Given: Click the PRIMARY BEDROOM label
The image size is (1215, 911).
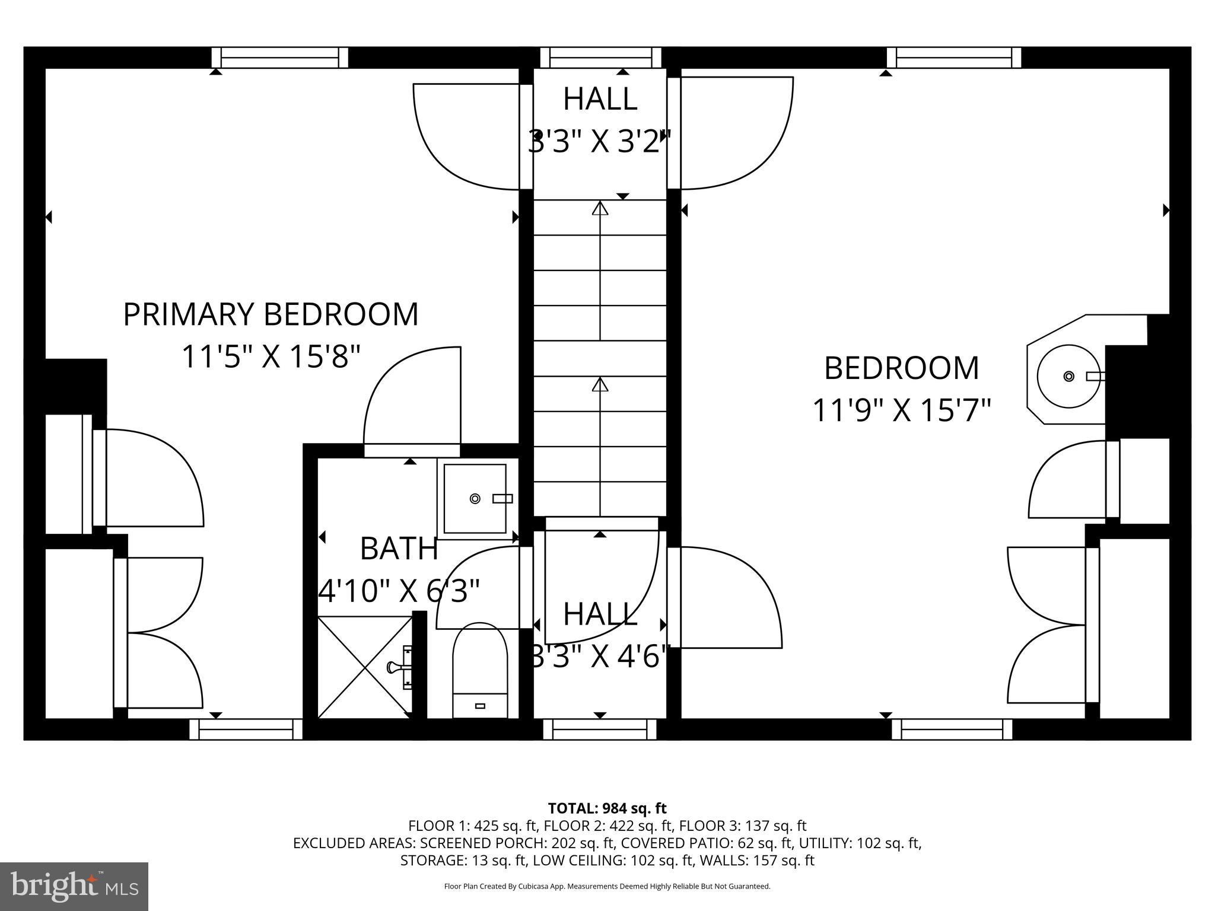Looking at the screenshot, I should pos(271,314).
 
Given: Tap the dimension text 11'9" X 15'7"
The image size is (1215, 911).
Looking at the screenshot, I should pos(901,410).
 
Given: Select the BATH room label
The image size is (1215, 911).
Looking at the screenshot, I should pos(399,549).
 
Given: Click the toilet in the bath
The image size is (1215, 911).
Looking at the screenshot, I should pos(480,670).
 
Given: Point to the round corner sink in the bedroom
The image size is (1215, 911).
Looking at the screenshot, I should pos(1068,376).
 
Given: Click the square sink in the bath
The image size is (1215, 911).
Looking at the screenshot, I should pos(475,498).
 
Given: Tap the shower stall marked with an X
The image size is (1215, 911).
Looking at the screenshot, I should pos(365,667).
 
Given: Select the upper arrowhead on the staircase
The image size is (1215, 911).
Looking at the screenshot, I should pos(600,209).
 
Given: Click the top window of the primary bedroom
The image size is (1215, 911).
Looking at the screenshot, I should pos(280,58).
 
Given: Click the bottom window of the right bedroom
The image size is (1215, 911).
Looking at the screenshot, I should pos(952,730).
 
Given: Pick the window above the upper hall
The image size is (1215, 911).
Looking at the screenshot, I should pos(600,58).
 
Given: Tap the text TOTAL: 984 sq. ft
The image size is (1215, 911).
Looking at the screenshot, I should pos(607,808).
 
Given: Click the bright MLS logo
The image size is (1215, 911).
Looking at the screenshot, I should pos(74,886).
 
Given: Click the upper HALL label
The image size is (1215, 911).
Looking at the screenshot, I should pos(600,99).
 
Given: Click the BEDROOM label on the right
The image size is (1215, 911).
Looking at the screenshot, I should pos(901,368).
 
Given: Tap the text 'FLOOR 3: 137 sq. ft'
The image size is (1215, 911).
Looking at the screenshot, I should pos(742,826).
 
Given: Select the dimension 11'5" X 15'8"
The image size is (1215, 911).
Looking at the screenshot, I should pos(271,357).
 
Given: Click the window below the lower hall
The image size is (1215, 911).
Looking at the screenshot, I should pos(600,730).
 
